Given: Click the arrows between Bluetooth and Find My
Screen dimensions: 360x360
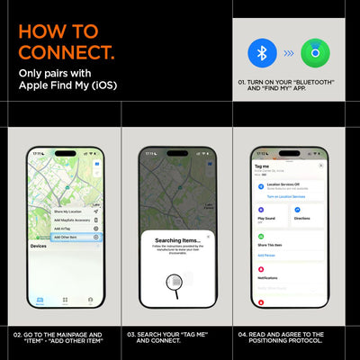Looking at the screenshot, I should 286,55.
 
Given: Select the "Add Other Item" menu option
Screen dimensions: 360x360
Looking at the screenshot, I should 68,236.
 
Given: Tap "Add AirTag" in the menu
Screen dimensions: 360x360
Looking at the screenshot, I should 66,228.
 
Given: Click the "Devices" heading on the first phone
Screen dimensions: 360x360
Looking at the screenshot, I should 39,246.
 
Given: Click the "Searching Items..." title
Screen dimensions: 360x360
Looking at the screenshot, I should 178,241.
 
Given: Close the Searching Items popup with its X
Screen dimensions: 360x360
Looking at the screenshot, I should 209,237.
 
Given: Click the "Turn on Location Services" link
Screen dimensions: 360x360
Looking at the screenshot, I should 281,195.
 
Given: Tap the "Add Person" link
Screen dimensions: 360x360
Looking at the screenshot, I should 267,255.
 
